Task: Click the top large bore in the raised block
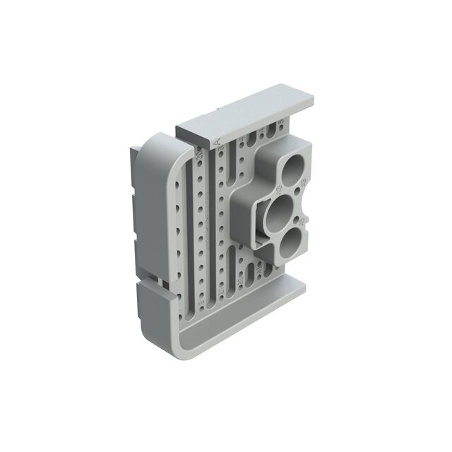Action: [x=292, y=169]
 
